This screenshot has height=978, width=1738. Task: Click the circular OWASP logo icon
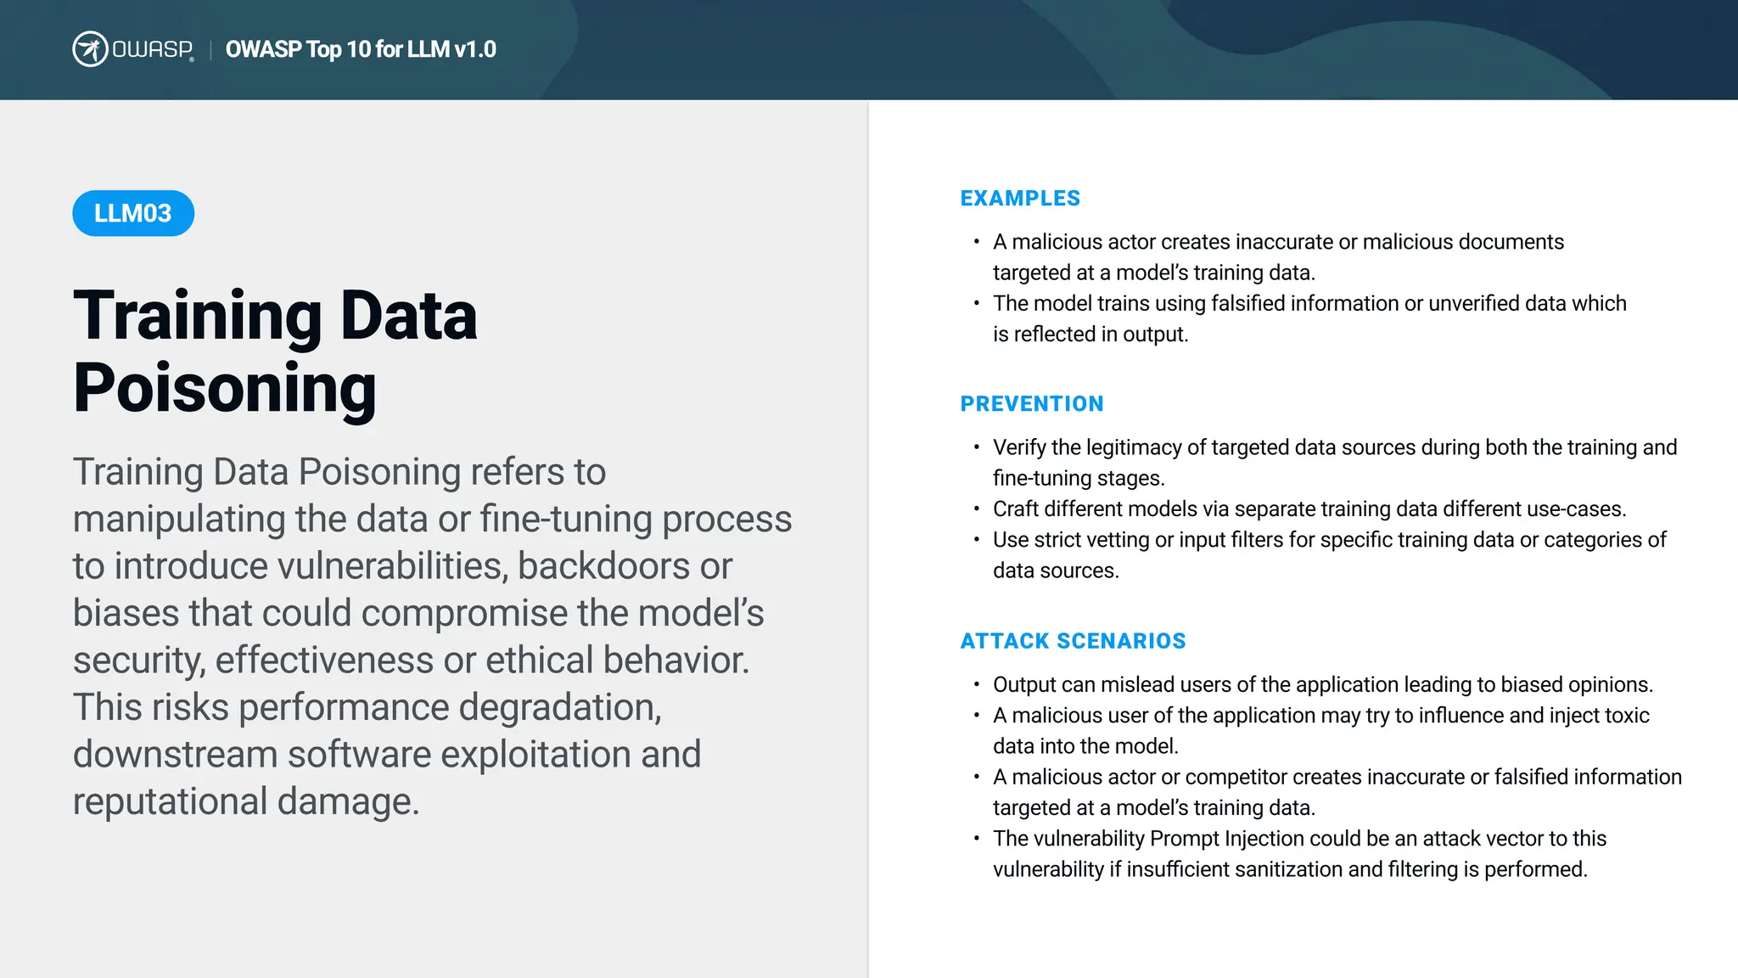[x=89, y=49]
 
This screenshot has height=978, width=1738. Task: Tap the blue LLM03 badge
[x=133, y=213]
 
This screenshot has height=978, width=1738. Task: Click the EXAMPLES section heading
[x=1020, y=199]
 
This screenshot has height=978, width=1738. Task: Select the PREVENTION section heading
[x=1032, y=404]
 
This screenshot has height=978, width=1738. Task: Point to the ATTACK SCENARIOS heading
[x=1073, y=641]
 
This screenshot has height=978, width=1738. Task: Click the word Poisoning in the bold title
[x=224, y=388]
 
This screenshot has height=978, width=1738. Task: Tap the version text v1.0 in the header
[x=474, y=49]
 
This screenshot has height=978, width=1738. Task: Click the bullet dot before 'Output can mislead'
[x=977, y=684]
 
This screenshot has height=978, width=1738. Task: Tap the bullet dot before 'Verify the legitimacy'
[x=977, y=447]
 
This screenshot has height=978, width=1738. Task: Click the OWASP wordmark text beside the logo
[x=153, y=49]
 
